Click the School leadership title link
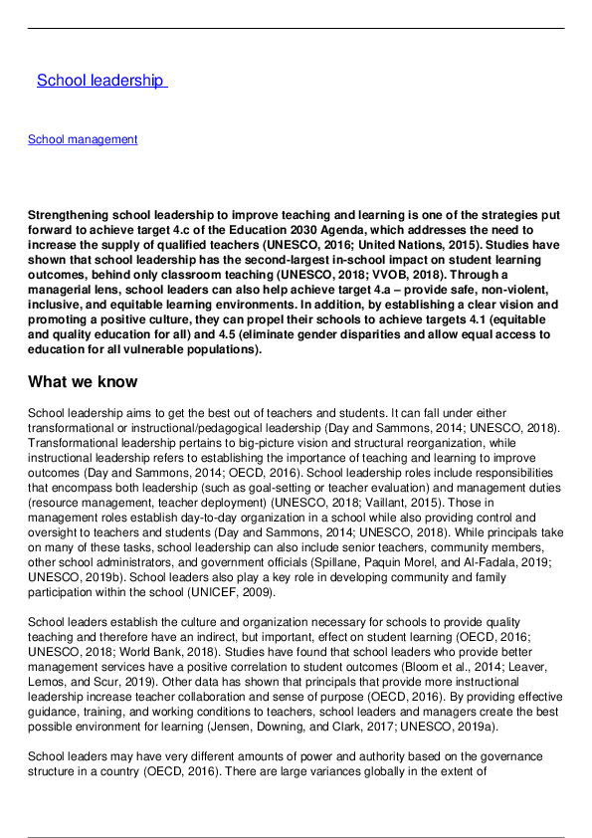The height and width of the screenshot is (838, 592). click(x=99, y=81)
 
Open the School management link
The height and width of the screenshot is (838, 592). click(x=83, y=139)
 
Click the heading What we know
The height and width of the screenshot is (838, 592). click(x=83, y=381)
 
